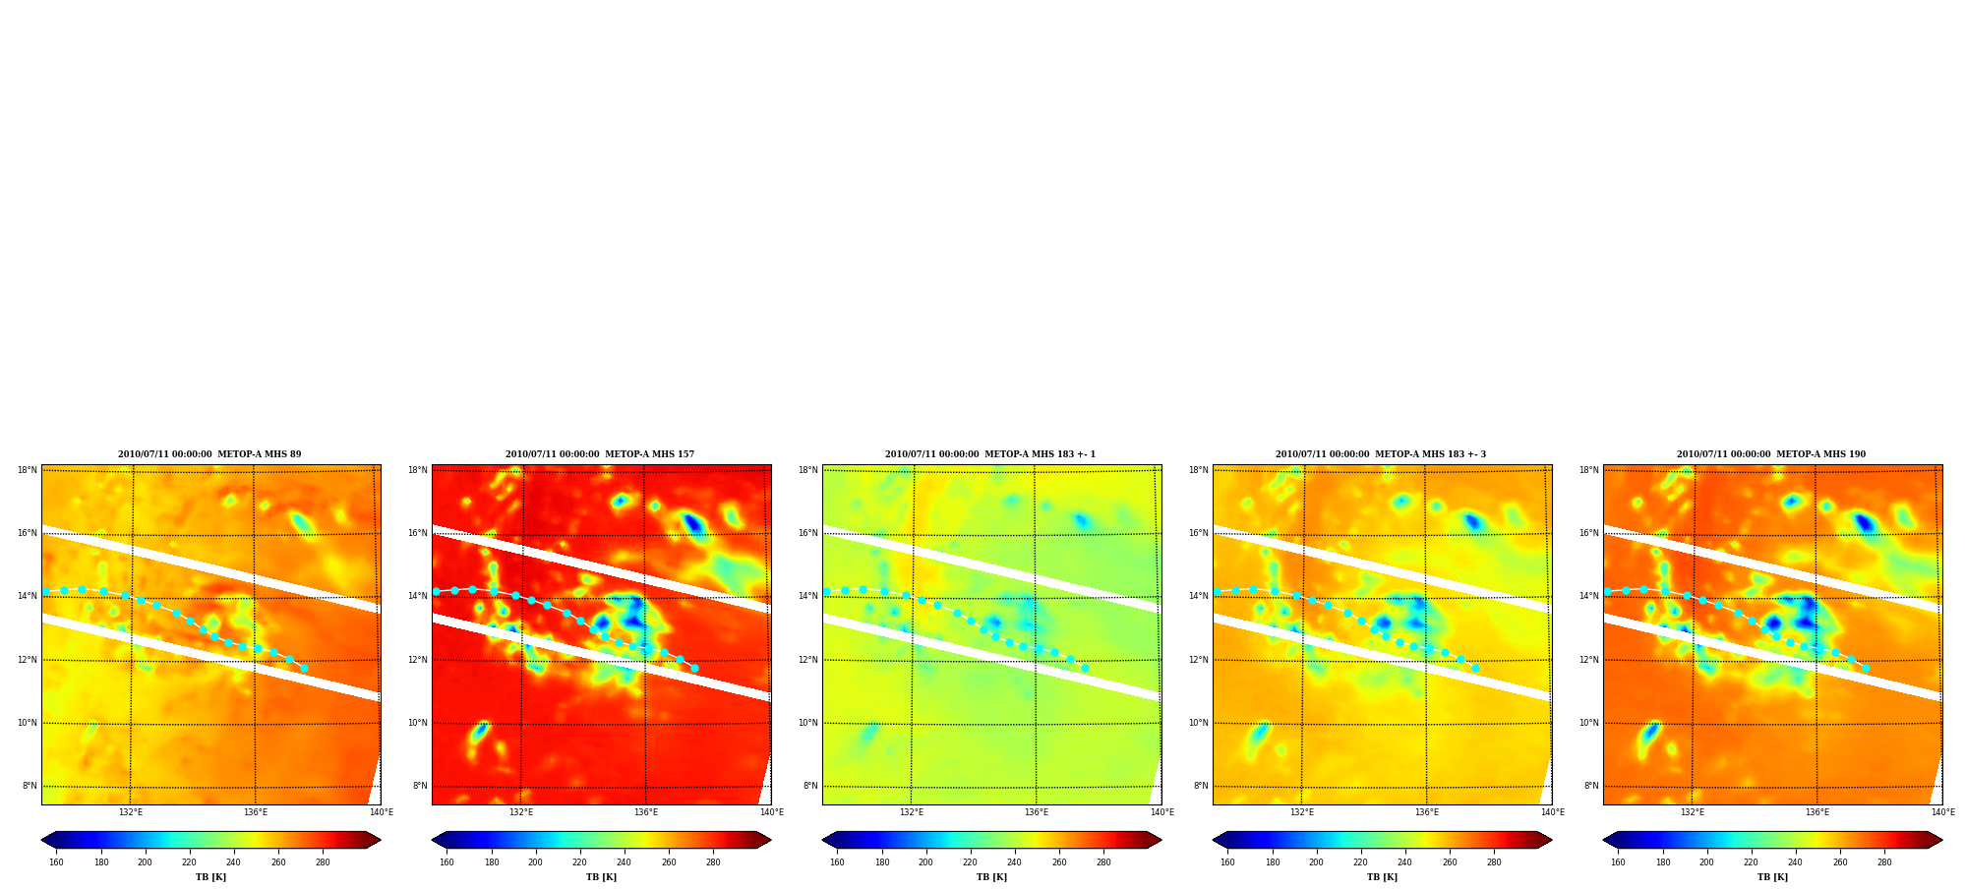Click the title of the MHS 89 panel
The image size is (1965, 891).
click(x=209, y=454)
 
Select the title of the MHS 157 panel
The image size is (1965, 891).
click(x=600, y=454)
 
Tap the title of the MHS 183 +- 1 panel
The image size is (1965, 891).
click(x=990, y=454)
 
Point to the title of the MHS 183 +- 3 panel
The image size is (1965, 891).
click(x=1381, y=454)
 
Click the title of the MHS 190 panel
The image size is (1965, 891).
click(x=1771, y=454)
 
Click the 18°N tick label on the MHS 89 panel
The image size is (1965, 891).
click(x=28, y=470)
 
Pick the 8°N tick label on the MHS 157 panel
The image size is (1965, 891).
click(x=420, y=786)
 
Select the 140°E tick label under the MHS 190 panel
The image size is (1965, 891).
click(x=1942, y=812)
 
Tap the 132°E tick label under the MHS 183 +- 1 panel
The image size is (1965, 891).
click(x=912, y=812)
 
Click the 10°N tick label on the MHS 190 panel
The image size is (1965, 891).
click(x=1589, y=723)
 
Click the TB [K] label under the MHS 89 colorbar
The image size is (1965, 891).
click(x=210, y=877)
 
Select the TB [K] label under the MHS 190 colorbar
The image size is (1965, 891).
click(x=1772, y=877)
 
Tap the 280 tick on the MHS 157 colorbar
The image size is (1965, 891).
click(x=713, y=862)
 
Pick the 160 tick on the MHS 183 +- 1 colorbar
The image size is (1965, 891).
click(x=837, y=862)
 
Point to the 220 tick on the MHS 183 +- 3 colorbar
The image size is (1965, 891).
click(x=1360, y=862)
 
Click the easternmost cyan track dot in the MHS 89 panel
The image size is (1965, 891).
click(x=304, y=668)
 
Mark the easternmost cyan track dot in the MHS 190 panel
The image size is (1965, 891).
click(x=1866, y=668)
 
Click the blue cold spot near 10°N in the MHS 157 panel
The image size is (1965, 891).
click(x=480, y=731)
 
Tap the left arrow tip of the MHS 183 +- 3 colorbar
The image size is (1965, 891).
click(x=1214, y=840)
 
